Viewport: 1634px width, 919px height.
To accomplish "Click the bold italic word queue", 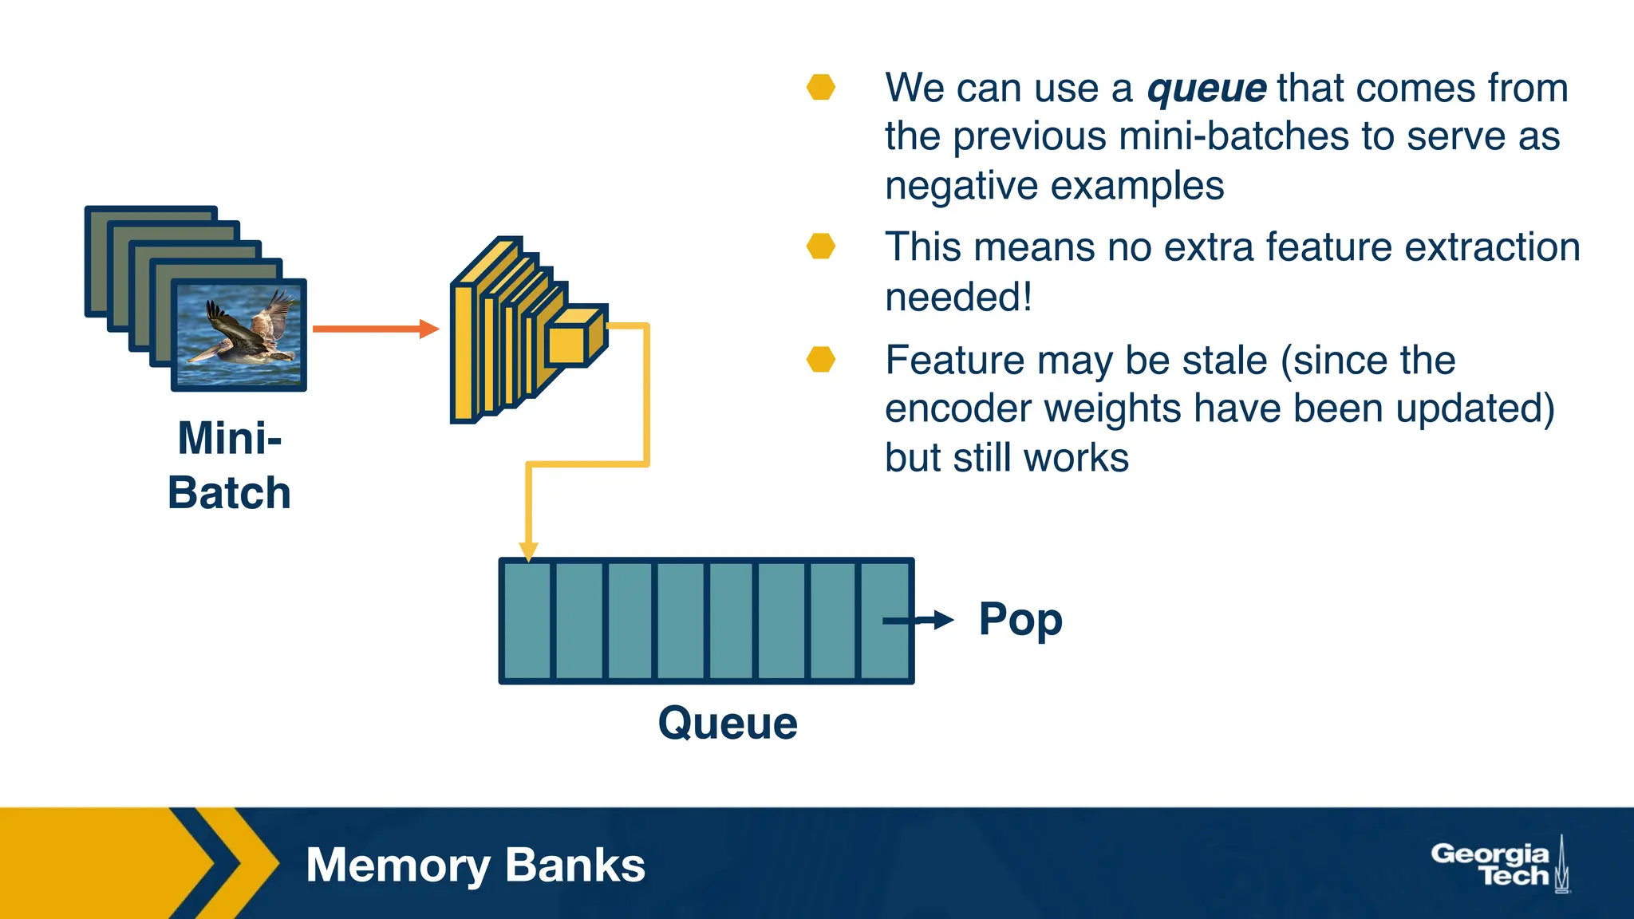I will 1206,89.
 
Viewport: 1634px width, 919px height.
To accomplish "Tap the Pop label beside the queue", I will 1020,620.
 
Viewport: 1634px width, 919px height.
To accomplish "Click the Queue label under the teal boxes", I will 727,724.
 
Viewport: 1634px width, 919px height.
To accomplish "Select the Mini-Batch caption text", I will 229,465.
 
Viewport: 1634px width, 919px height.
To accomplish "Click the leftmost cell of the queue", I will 526,621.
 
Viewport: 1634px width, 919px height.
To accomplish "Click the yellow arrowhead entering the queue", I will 528,551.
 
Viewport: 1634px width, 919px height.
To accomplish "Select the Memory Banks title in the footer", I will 475,866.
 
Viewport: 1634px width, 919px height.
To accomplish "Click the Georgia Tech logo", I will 1499,865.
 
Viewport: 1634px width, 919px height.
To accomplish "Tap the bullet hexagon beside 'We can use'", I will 820,87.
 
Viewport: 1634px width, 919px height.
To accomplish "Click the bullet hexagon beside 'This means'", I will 820,247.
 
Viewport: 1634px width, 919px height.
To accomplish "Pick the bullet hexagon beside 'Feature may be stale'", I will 820,360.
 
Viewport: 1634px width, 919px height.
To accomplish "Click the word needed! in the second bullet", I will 957,298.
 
